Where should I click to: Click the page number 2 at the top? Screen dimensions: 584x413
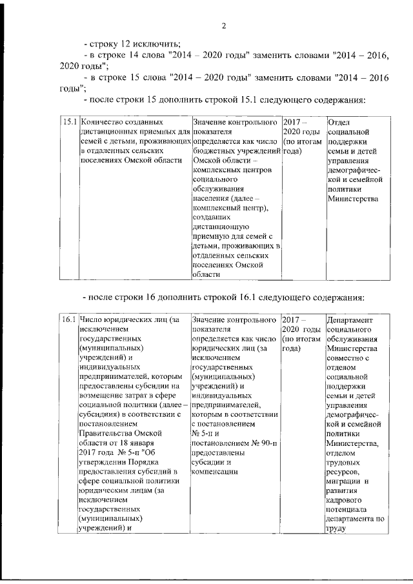coord(223,26)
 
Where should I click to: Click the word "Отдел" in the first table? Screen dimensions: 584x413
coord(339,121)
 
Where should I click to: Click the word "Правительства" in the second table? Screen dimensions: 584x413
coord(106,434)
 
